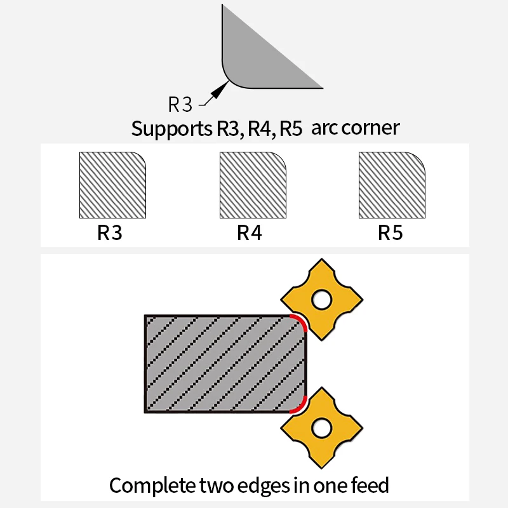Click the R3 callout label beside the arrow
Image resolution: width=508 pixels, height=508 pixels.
[x=180, y=104]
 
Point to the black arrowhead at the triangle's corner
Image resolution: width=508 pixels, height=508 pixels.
[x=220, y=90]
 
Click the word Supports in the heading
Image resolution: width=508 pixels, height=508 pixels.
[x=171, y=129]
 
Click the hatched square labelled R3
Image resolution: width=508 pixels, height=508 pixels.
[x=113, y=185]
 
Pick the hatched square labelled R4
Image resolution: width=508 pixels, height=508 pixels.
[x=253, y=185]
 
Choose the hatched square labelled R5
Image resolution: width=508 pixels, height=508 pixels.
[x=392, y=185]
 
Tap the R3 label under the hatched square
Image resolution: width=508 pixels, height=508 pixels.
[x=110, y=232]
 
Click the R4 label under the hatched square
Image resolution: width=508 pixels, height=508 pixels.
[x=250, y=232]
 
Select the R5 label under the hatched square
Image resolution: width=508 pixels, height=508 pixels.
[x=391, y=232]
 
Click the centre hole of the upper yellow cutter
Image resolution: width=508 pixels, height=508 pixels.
[x=321, y=300]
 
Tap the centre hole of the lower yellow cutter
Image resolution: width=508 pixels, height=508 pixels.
[x=321, y=428]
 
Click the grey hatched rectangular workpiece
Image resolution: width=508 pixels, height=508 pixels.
[x=225, y=364]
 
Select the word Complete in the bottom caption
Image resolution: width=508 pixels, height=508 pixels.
[x=152, y=486]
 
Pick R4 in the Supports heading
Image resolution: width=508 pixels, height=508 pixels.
[x=262, y=129]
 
